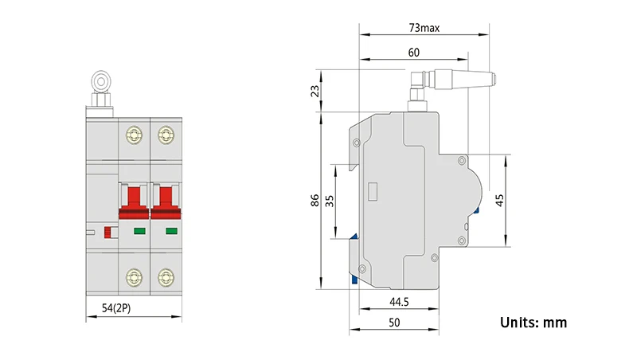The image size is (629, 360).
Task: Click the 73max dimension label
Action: click(424, 28)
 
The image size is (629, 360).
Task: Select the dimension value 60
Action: click(413, 53)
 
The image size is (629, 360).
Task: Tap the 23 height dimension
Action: click(316, 91)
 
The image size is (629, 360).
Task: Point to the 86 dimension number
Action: click(315, 200)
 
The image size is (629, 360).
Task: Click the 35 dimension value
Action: click(330, 201)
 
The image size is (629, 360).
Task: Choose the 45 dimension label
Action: click(499, 200)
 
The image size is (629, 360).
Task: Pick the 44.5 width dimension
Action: click(399, 302)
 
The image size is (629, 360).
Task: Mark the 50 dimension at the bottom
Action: click(394, 323)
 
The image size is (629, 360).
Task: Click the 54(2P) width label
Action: click(116, 308)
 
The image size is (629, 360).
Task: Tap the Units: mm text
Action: click(533, 323)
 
